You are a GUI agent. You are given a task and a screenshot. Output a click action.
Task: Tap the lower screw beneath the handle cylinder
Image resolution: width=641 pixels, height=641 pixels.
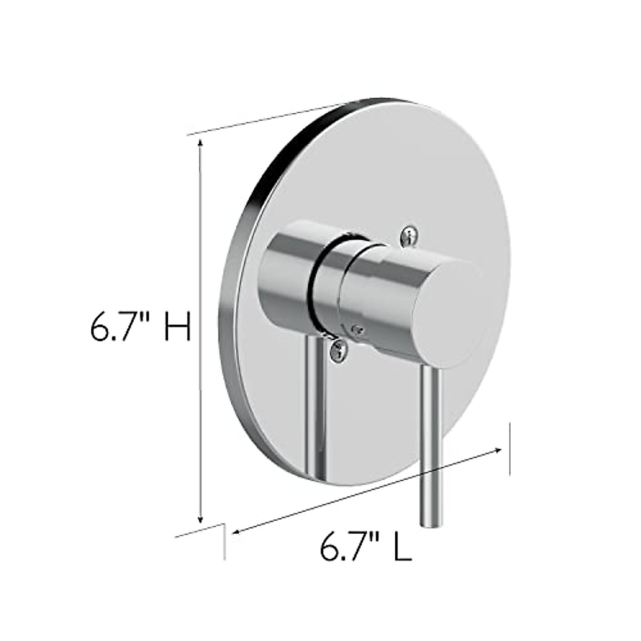pyautogui.click(x=338, y=350)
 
